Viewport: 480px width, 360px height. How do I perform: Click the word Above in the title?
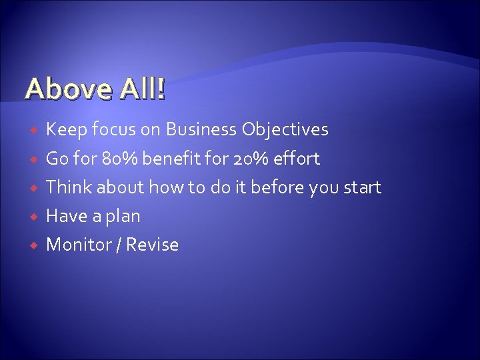pyautogui.click(x=64, y=89)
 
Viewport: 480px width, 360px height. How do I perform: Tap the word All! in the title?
pyautogui.click(x=143, y=89)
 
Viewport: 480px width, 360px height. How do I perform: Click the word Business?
pyautogui.click(x=200, y=129)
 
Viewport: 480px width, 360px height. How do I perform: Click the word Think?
pyautogui.click(x=69, y=187)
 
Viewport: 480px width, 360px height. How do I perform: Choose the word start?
pyautogui.click(x=361, y=187)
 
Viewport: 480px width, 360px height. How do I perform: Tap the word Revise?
pyautogui.click(x=153, y=245)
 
